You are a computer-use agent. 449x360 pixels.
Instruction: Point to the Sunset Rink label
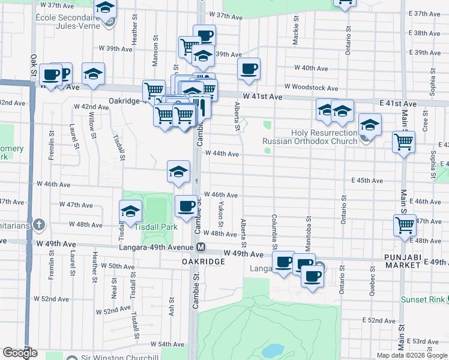(x=424, y=299)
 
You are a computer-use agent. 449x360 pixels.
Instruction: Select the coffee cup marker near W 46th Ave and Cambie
(x=185, y=206)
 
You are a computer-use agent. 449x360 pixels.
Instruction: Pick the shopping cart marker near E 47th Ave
(x=405, y=226)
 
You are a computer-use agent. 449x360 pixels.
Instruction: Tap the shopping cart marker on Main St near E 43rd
(x=403, y=142)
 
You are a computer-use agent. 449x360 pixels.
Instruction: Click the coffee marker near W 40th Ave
(x=249, y=68)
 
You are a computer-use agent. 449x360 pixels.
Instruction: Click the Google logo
(x=20, y=353)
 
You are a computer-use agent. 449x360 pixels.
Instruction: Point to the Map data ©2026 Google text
(x=412, y=355)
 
